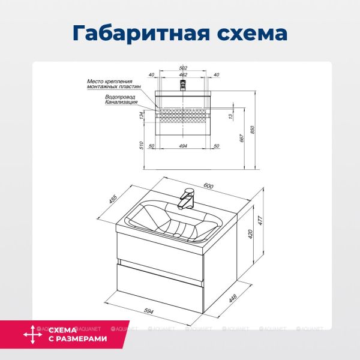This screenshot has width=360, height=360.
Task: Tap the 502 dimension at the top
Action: click(x=184, y=68)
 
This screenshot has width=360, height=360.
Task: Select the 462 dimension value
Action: click(x=184, y=74)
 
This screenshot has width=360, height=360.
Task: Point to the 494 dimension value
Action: click(x=184, y=146)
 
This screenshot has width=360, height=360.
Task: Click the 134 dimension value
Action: click(x=142, y=115)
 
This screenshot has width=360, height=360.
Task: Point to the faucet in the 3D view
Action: click(x=187, y=199)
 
